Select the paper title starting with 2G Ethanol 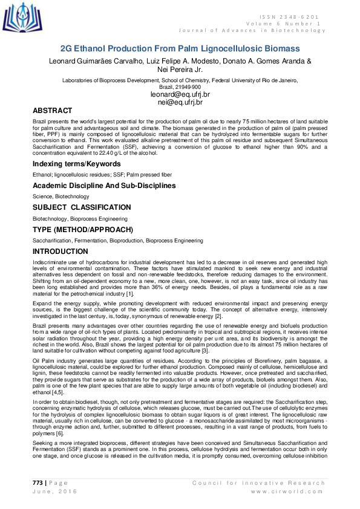[180, 48]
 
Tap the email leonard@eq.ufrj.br [180, 95]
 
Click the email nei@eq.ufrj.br [180, 103]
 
